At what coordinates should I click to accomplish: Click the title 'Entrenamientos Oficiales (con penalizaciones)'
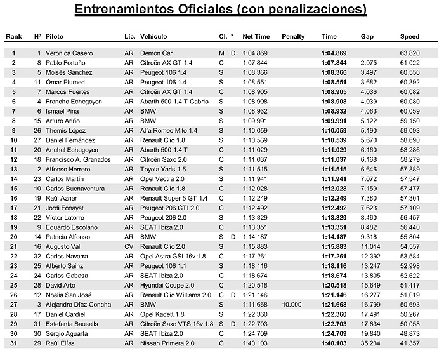pos(221,10)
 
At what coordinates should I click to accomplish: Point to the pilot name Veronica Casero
pos(71,53)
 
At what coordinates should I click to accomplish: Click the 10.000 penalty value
pos(292,304)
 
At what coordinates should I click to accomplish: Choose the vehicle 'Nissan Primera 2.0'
pos(166,343)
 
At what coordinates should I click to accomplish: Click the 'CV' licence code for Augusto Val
pos(129,246)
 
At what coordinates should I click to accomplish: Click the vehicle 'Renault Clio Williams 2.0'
pos(176,295)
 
